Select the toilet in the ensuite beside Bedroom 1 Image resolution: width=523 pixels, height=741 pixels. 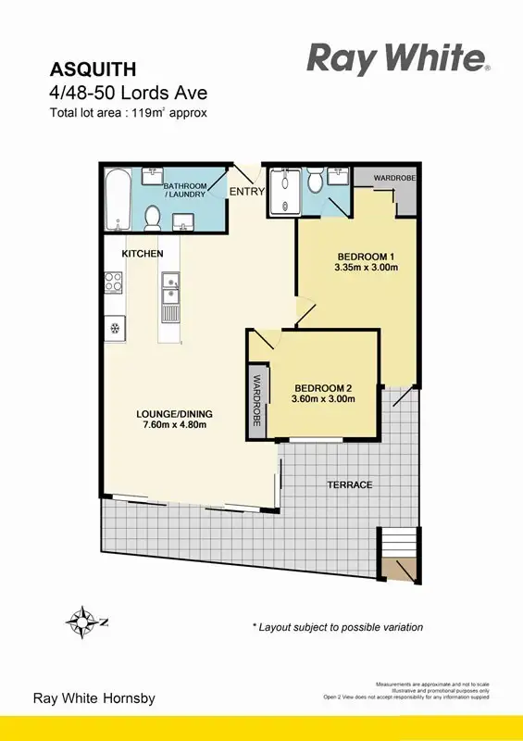pyautogui.click(x=314, y=182)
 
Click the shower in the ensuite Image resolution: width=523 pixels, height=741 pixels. pyautogui.click(x=280, y=192)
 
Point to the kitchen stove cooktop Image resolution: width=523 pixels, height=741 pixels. pyautogui.click(x=114, y=282)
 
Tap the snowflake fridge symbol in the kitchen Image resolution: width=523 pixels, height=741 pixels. pyautogui.click(x=115, y=326)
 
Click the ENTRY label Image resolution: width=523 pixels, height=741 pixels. pyautogui.click(x=246, y=193)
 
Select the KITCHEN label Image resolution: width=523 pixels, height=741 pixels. pyautogui.click(x=143, y=254)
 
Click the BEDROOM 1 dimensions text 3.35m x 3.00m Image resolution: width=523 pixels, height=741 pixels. pyautogui.click(x=366, y=268)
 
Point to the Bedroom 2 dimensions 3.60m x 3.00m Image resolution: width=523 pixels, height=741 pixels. pyautogui.click(x=323, y=399)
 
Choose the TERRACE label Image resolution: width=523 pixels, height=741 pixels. pyautogui.click(x=349, y=485)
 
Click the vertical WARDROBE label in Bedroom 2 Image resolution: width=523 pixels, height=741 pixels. pyautogui.click(x=255, y=400)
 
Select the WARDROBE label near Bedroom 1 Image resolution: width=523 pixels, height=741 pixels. pyautogui.click(x=394, y=178)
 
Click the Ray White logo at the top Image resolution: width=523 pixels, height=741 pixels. pyautogui.click(x=397, y=59)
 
